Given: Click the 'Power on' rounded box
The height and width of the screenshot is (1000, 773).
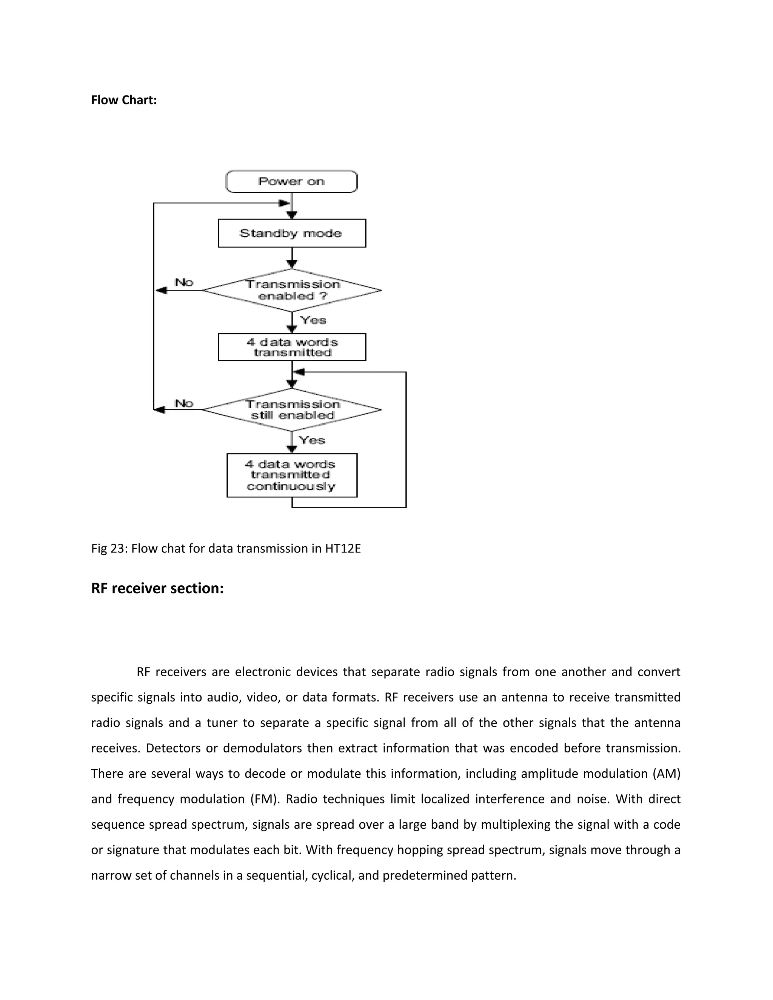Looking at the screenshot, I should (x=291, y=181).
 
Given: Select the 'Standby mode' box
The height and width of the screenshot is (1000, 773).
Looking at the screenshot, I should (x=291, y=233).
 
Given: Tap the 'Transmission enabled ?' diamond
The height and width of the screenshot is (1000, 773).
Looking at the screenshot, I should (x=292, y=290).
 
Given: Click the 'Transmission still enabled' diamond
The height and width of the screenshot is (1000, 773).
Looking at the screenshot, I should (x=292, y=410).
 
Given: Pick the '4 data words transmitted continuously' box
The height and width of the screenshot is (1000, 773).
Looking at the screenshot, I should (x=291, y=475).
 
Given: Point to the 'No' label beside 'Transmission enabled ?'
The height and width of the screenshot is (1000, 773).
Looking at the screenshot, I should (x=184, y=283).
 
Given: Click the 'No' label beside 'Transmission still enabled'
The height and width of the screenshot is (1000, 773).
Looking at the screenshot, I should (x=184, y=403).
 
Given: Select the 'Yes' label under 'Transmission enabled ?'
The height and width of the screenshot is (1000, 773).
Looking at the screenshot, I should (x=313, y=320).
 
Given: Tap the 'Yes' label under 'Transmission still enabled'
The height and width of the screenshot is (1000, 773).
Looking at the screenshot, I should (x=312, y=440).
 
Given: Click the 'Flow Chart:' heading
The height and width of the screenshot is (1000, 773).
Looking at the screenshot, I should (x=124, y=100).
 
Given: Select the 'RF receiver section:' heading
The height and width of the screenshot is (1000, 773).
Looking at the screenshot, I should (x=157, y=588).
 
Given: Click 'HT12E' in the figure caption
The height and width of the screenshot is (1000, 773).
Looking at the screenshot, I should (x=343, y=548).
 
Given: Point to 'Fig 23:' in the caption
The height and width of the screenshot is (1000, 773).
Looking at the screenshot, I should (x=109, y=548).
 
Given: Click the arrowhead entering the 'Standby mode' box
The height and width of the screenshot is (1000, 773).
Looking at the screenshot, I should (x=292, y=215).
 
